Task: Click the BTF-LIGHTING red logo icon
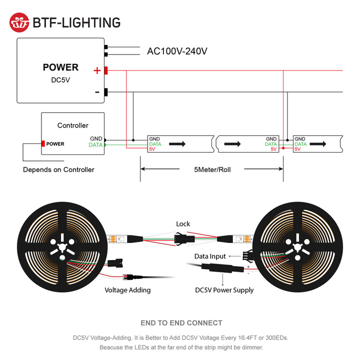coord(19,22)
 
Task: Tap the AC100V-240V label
coord(177,51)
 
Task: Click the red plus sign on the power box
coord(97,71)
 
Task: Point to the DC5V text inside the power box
coord(60,79)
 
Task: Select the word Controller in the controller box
coord(72,125)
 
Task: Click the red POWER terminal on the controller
coord(44,144)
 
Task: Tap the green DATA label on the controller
coord(95,145)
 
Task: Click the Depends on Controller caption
coord(58,169)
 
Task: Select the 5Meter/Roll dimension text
coord(212,169)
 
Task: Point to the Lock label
coord(183,224)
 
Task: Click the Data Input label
coord(210,256)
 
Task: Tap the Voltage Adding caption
coord(127,290)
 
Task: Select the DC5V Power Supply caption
coord(224,290)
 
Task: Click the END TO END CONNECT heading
coord(181,323)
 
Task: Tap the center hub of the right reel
coord(298,248)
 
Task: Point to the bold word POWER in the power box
coord(60,67)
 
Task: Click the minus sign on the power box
coord(97,92)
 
